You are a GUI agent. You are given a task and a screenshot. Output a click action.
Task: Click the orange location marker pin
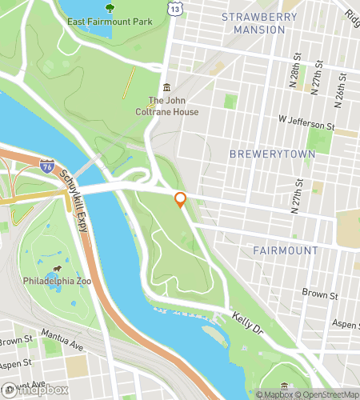[x=181, y=199]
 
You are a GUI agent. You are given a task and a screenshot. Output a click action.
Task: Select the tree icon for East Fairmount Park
[x=109, y=9]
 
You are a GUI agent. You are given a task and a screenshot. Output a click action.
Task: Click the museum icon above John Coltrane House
[x=166, y=87]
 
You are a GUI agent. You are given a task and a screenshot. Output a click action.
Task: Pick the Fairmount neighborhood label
[x=286, y=250]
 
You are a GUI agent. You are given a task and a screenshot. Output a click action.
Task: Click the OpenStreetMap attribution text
[x=324, y=394]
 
